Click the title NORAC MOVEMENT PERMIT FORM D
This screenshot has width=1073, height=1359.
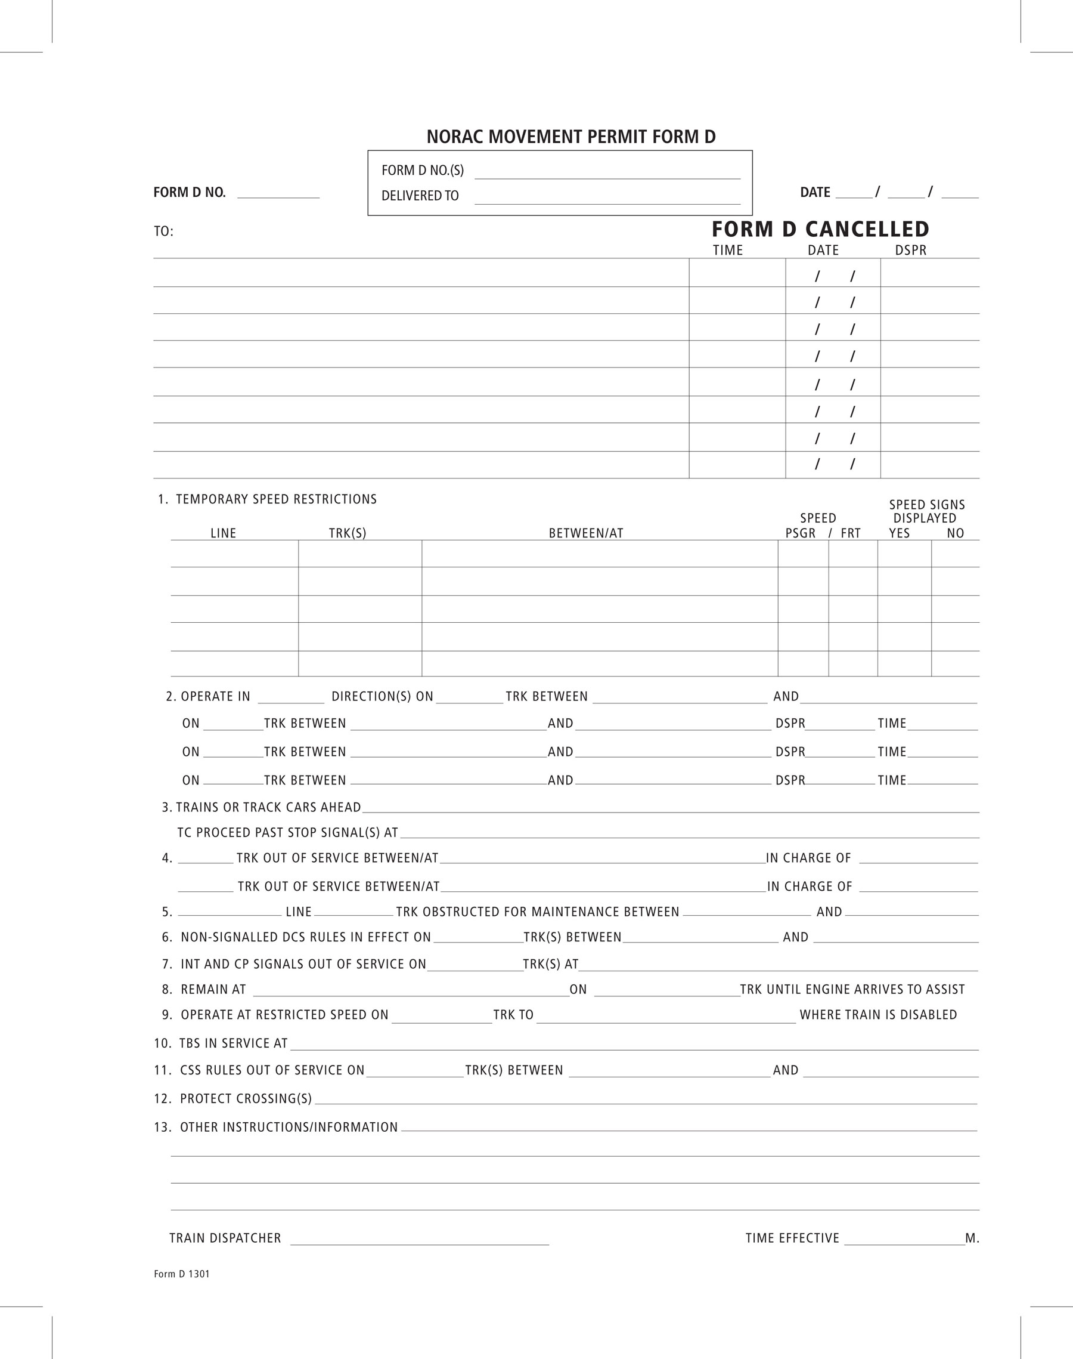pyautogui.click(x=570, y=137)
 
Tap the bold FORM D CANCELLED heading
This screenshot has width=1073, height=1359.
pyautogui.click(x=820, y=229)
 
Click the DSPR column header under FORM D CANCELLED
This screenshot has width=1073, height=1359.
pyautogui.click(x=910, y=250)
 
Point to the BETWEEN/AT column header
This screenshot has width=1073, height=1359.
pyautogui.click(x=585, y=533)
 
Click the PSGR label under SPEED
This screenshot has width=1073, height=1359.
pyautogui.click(x=801, y=533)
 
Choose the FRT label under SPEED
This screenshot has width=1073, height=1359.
pyautogui.click(x=850, y=533)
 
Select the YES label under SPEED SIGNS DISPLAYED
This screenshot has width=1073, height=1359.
pyautogui.click(x=899, y=533)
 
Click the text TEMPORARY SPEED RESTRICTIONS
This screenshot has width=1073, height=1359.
pyautogui.click(x=276, y=499)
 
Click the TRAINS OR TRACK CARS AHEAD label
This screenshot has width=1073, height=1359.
pyautogui.click(x=268, y=807)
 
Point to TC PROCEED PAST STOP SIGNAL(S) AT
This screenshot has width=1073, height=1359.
pyautogui.click(x=288, y=833)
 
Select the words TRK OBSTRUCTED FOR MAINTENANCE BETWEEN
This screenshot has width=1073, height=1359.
pyautogui.click(x=537, y=912)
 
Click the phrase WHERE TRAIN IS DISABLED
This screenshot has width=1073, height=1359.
pyautogui.click(x=877, y=1015)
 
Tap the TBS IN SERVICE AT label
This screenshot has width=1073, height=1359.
pyautogui.click(x=233, y=1043)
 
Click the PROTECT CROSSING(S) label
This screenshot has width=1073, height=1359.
pyautogui.click(x=246, y=1099)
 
